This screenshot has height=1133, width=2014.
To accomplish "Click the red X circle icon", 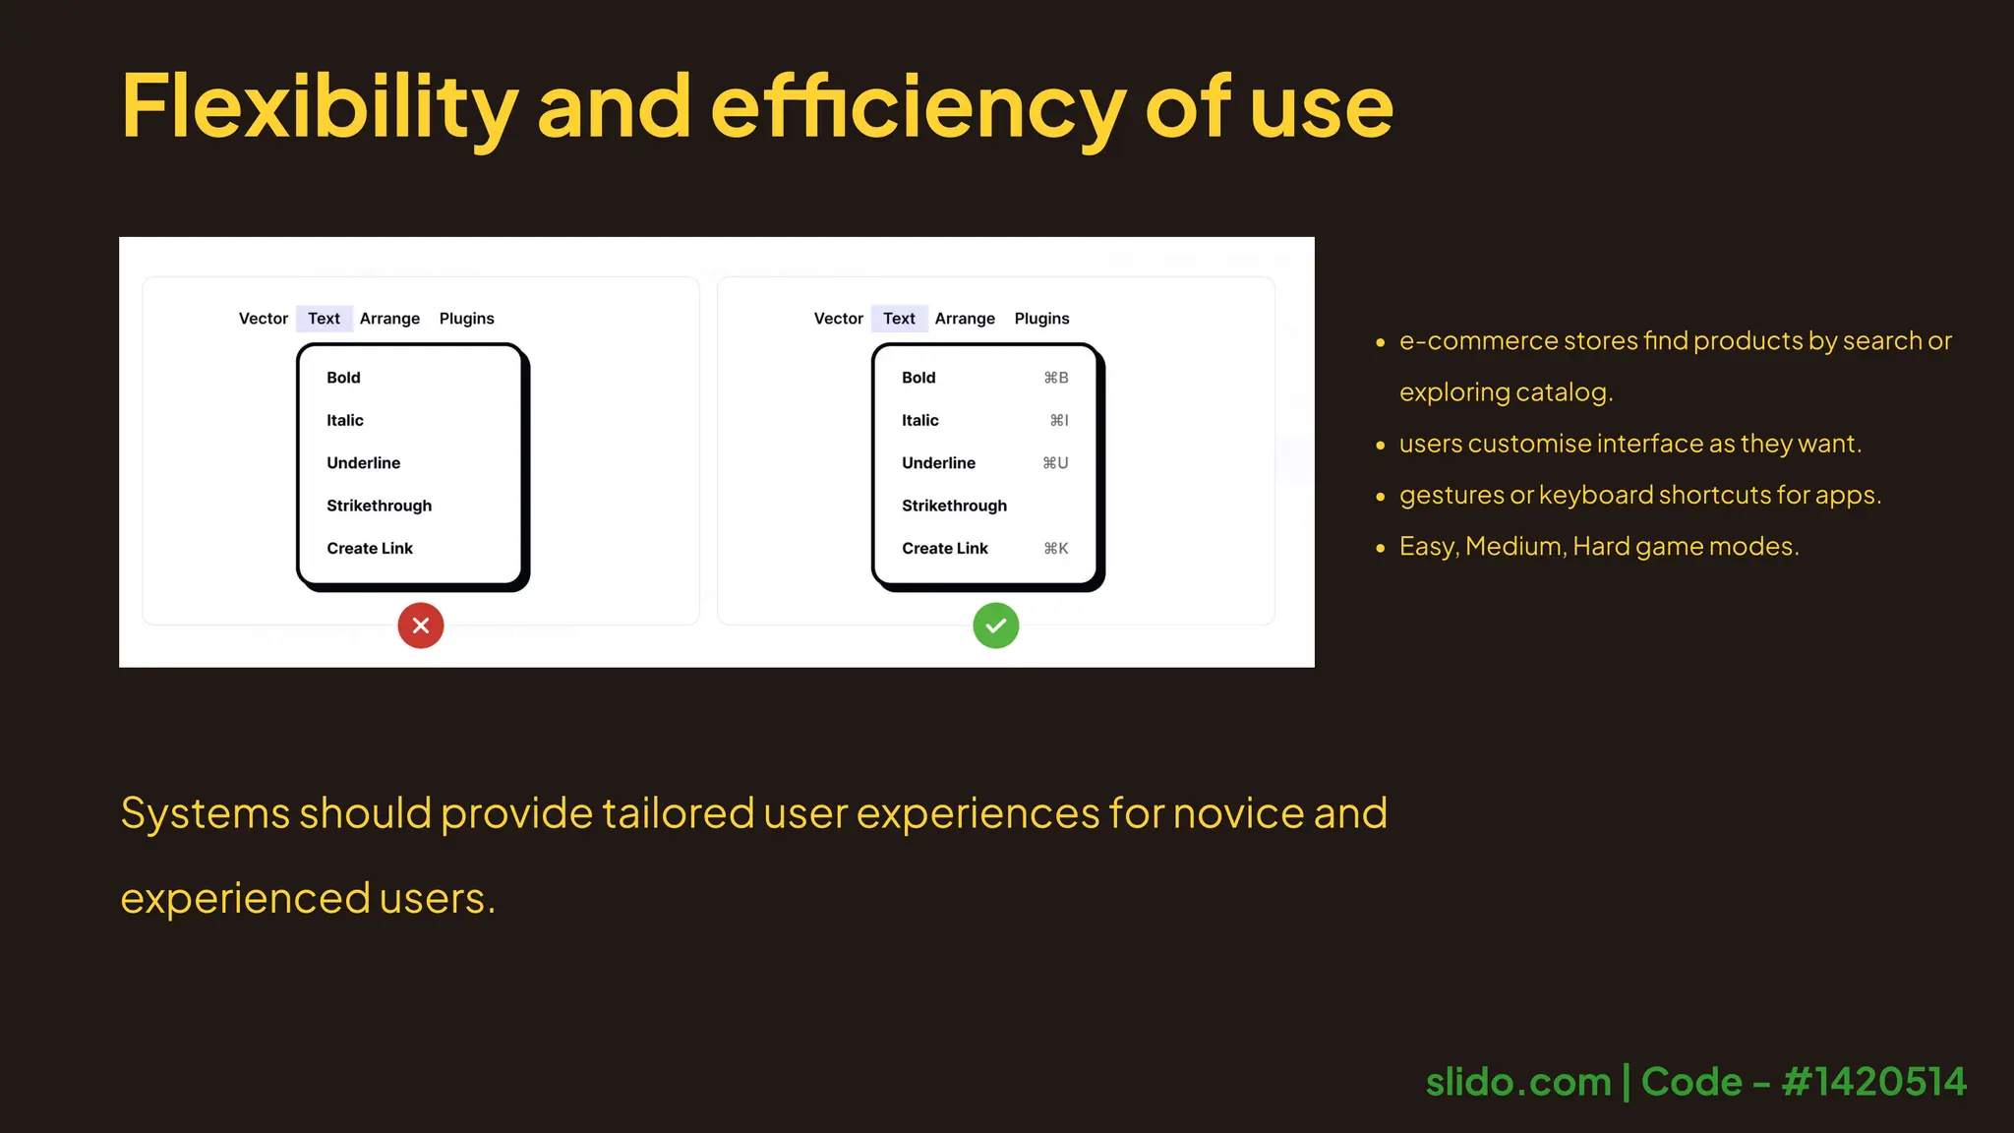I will point(421,626).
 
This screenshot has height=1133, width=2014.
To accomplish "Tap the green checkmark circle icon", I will point(995,626).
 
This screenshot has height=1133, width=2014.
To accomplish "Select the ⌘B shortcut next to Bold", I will point(1055,378).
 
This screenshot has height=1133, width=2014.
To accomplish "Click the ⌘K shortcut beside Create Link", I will point(1055,549).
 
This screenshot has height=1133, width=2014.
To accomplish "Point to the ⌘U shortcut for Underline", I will point(1055,463).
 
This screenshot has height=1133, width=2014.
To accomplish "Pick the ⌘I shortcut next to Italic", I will point(1058,420).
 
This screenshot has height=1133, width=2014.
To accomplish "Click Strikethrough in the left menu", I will point(379,506).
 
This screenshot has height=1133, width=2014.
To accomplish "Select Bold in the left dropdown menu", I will point(343,378).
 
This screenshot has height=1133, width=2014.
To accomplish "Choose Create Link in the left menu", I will point(370,549).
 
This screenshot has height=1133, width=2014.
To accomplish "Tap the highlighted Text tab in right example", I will point(899,319).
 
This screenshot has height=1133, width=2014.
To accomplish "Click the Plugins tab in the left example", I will point(466,319).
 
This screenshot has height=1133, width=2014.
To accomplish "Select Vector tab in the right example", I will point(838,319).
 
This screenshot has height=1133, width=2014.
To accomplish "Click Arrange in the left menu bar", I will point(389,319).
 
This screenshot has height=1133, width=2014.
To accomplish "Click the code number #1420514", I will point(1873,1082).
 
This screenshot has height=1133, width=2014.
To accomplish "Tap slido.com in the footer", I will point(1517,1082).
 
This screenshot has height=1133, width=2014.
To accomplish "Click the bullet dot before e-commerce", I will point(1380,342).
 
